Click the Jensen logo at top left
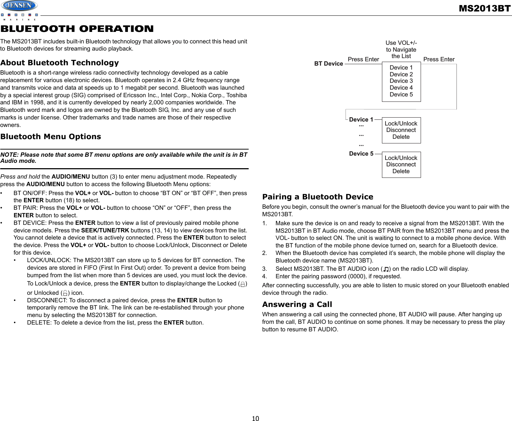[x=19, y=6]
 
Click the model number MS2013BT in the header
[x=484, y=8]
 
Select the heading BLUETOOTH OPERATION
[x=77, y=29]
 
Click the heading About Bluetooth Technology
[x=59, y=63]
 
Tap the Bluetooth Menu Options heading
[x=51, y=137]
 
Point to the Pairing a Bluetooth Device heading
[x=317, y=197]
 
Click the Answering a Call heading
[x=297, y=304]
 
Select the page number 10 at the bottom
[x=255, y=418]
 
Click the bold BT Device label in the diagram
[x=329, y=64]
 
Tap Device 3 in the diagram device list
[x=401, y=81]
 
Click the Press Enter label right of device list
[x=439, y=60]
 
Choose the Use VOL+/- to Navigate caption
[x=401, y=49]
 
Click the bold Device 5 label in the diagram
[x=361, y=154]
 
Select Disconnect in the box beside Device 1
[x=401, y=130]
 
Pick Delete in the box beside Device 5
[x=401, y=171]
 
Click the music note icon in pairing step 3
[x=386, y=269]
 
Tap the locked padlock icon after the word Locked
[x=243, y=284]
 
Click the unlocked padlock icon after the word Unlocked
[x=65, y=293]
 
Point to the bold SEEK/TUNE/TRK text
[x=105, y=230]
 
